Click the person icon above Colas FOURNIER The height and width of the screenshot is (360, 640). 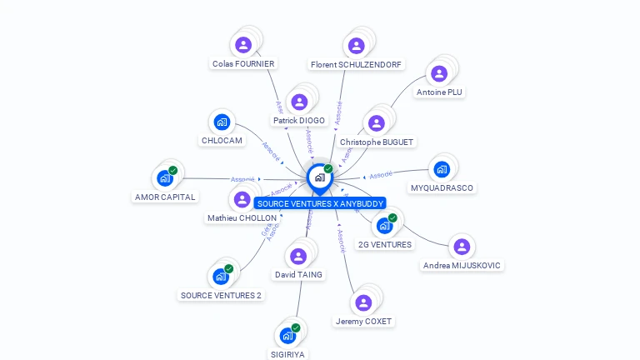pos(243,44)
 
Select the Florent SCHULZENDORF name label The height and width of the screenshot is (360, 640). pos(356,64)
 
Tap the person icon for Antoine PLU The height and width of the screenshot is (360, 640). pos(439,73)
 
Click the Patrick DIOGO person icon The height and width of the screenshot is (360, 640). pos(299,102)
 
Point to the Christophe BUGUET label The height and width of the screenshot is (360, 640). pos(377,142)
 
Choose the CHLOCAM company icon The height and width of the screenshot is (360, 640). pos(222,122)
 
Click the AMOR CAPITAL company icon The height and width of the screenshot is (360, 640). pos(165,177)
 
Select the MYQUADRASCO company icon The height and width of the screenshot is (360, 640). pos(442,169)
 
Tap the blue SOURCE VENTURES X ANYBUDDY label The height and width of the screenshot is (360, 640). pos(320,203)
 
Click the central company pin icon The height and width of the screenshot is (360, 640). pos(319,177)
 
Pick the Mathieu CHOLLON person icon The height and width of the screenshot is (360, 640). pos(242,199)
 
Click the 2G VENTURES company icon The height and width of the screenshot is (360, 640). pos(384,225)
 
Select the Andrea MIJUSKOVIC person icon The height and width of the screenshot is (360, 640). pos(462,247)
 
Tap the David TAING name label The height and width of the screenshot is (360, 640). pos(298,275)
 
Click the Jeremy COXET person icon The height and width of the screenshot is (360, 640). pos(363,302)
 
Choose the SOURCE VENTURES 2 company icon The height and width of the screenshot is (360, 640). pos(221,276)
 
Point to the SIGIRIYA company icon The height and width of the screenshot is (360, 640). pos(287,335)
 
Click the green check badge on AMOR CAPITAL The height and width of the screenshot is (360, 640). pos(173,170)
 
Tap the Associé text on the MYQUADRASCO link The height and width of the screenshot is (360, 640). pos(381,174)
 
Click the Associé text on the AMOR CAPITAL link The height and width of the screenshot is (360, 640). pos(242,179)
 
